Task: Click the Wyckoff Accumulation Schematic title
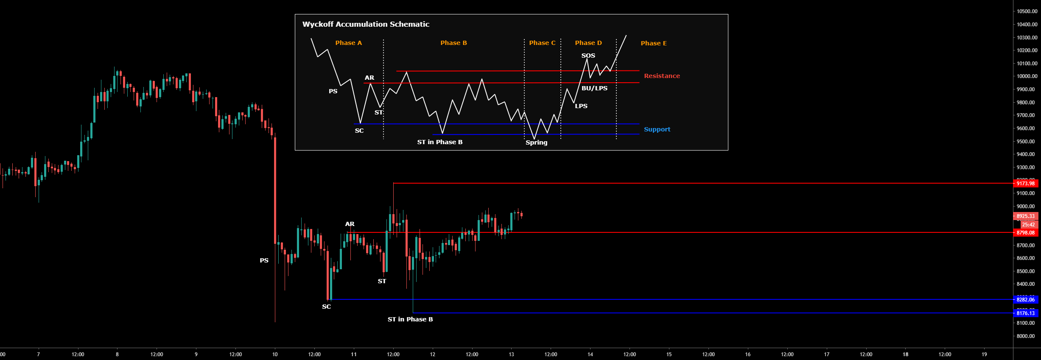366,24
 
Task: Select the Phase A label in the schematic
348,43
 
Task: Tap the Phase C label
542,43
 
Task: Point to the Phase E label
653,43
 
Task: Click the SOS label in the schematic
588,56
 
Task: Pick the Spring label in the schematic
536,142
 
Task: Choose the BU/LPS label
594,88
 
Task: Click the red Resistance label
662,76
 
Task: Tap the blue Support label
657,129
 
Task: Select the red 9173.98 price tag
1025,183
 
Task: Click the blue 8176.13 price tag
1025,313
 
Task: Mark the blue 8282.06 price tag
1025,300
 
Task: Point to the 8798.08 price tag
1025,233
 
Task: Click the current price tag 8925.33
1025,216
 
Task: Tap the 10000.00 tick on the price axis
1027,76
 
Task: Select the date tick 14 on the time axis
590,354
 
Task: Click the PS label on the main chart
264,260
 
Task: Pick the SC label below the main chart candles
326,307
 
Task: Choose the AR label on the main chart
350,224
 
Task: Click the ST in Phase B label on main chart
410,319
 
